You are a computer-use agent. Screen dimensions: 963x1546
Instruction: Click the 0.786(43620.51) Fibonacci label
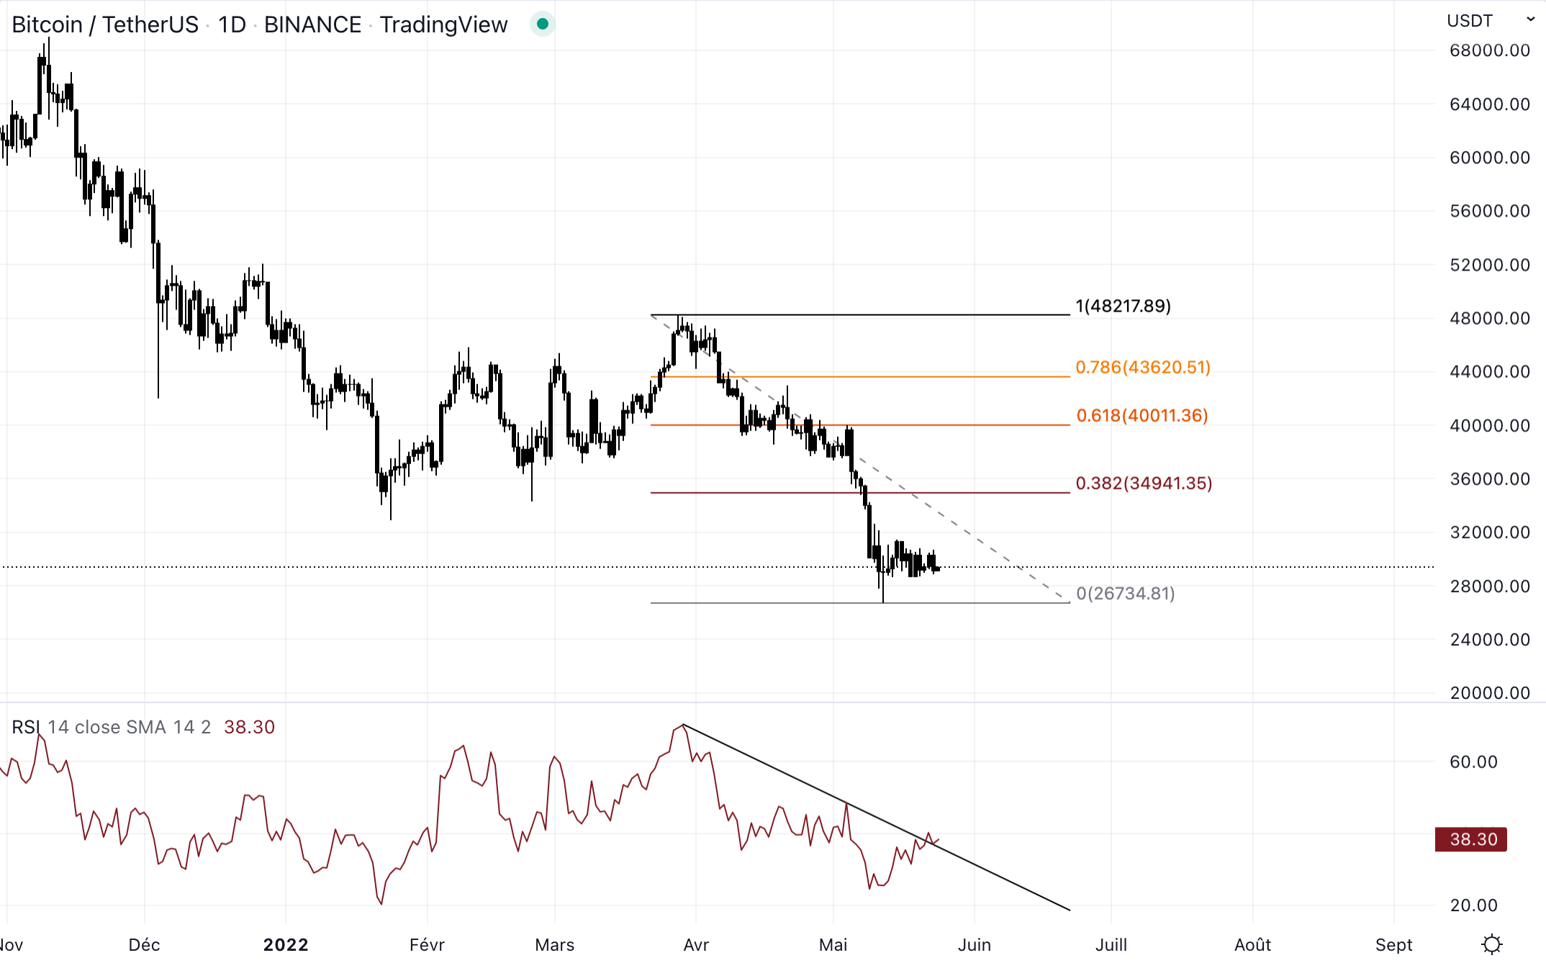click(1142, 367)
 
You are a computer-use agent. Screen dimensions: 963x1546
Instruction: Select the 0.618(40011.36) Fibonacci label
click(1142, 415)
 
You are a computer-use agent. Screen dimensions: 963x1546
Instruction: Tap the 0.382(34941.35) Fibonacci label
click(1143, 483)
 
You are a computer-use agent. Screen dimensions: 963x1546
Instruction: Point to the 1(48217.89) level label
click(1123, 306)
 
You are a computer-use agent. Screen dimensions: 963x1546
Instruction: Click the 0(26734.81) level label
click(1125, 593)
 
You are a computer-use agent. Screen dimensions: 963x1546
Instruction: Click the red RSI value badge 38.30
click(1470, 839)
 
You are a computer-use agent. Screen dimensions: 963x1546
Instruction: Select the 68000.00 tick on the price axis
click(1489, 50)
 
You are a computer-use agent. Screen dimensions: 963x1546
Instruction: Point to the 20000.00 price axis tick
click(1489, 693)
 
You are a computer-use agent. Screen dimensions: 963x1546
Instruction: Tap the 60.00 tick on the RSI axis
click(1473, 761)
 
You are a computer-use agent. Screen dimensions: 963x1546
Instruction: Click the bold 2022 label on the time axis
click(286, 945)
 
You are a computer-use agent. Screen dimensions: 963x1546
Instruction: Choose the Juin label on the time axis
click(974, 945)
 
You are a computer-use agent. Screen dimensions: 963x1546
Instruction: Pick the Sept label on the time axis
click(1393, 945)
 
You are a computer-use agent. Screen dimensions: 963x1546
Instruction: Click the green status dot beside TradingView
click(543, 24)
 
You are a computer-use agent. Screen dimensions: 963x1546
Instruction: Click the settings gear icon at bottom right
click(1492, 944)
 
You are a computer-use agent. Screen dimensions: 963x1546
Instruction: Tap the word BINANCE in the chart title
click(312, 24)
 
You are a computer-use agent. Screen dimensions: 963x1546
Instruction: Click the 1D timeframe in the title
click(232, 24)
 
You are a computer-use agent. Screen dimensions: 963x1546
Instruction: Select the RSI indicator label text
click(26, 727)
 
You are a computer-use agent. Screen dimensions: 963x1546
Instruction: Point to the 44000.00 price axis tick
click(1489, 371)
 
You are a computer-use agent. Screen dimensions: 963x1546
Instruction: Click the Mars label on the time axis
click(554, 945)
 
